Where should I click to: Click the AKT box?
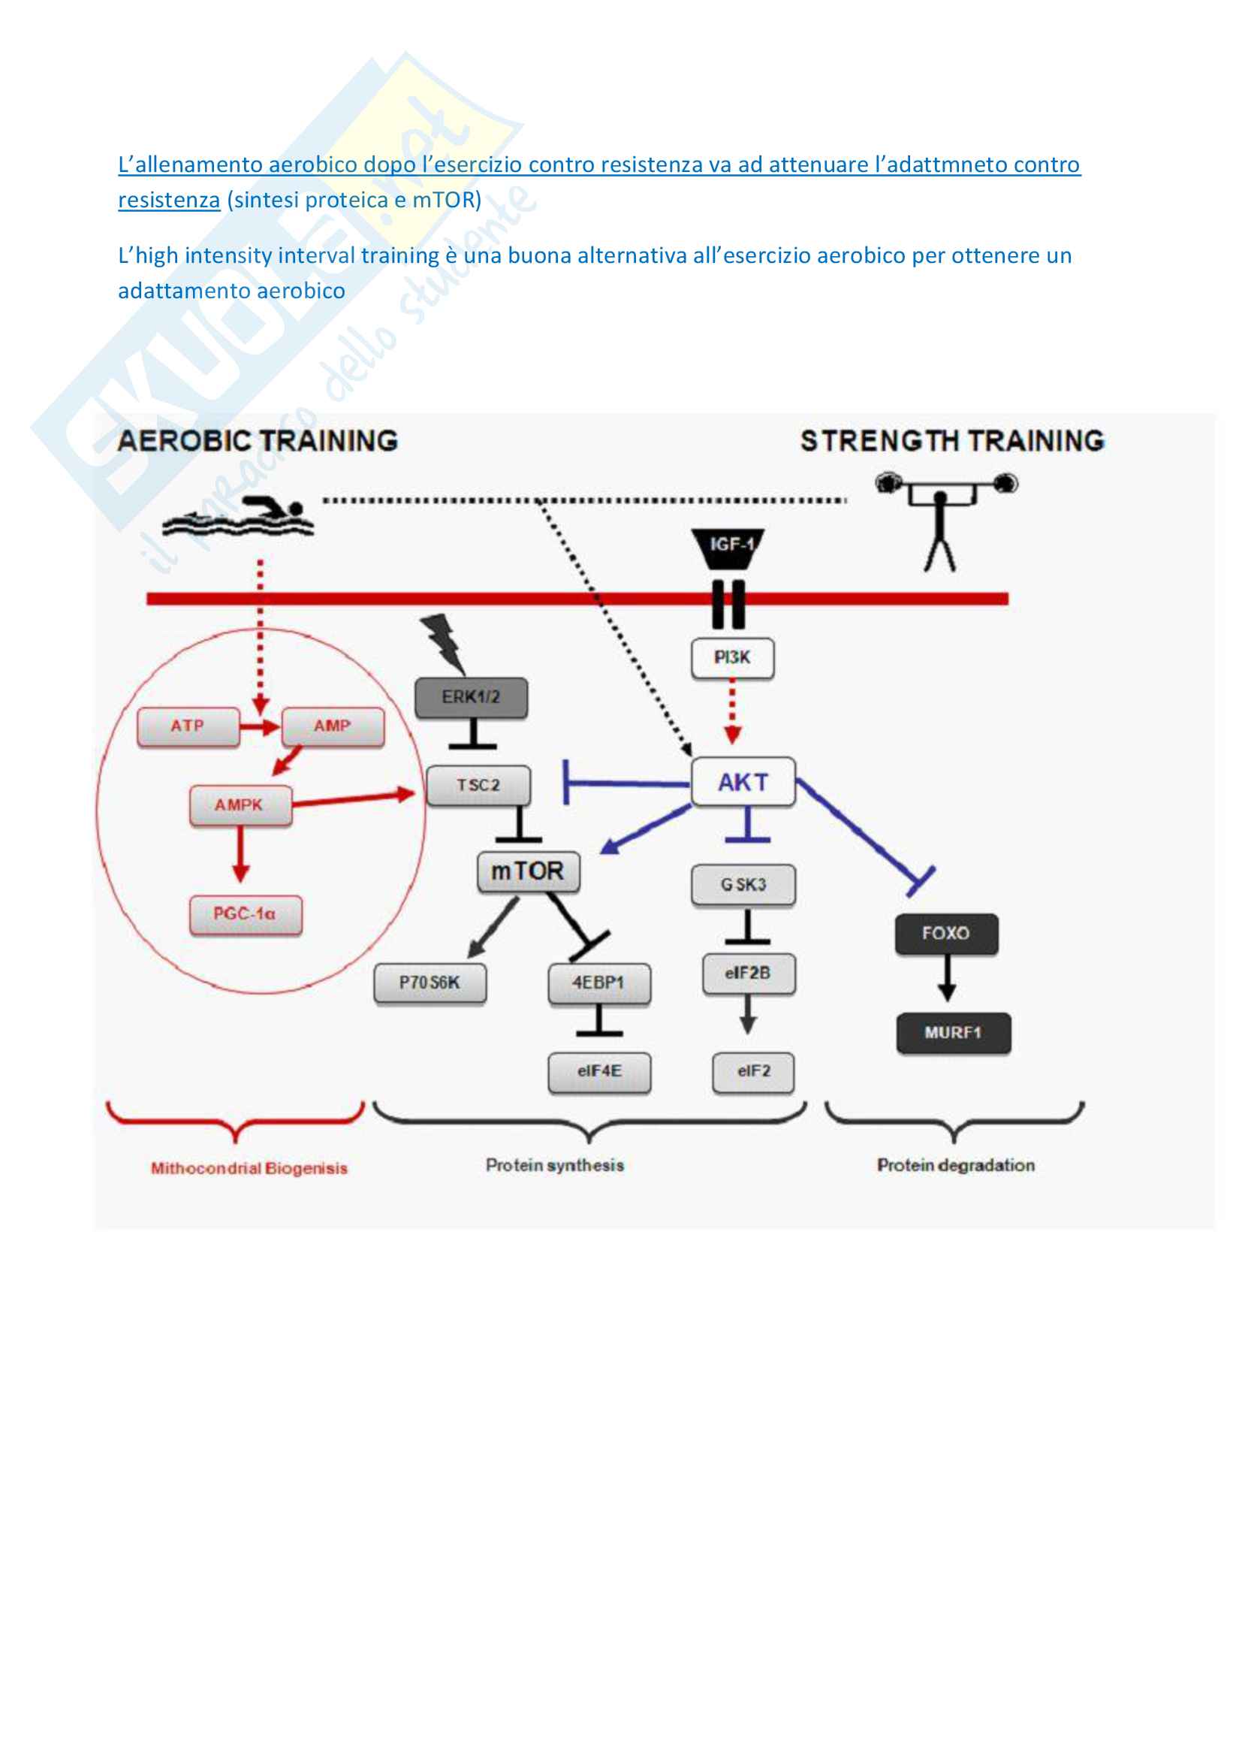(x=743, y=782)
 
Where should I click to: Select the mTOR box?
(x=528, y=871)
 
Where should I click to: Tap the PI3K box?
(x=732, y=657)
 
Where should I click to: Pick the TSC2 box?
(x=478, y=785)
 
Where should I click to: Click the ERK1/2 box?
(x=471, y=697)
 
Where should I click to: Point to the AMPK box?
(x=240, y=805)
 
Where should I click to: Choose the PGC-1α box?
(x=246, y=914)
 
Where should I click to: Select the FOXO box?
(x=946, y=934)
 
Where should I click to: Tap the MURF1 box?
(x=953, y=1033)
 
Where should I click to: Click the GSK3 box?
(x=743, y=885)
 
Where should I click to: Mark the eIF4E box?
(x=598, y=1071)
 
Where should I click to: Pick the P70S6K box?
(x=429, y=983)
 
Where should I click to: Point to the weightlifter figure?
(x=942, y=521)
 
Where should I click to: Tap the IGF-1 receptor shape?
(x=728, y=548)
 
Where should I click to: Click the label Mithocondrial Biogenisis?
(x=249, y=1169)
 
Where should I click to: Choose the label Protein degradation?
(x=955, y=1166)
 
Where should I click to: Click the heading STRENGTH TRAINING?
(x=952, y=441)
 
